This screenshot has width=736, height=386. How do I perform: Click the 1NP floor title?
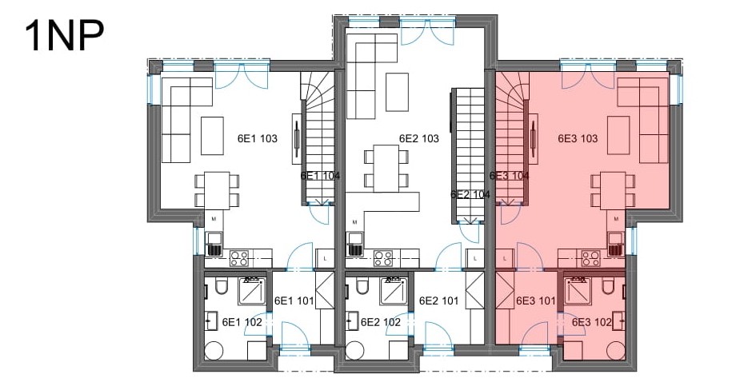(64, 36)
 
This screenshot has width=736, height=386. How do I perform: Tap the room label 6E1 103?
(258, 138)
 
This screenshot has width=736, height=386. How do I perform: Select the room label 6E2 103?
(418, 138)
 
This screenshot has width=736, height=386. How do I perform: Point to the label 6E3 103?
(578, 138)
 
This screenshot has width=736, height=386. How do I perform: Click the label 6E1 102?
(242, 322)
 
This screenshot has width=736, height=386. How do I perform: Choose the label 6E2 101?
(438, 300)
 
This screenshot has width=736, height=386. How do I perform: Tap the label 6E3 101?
(535, 300)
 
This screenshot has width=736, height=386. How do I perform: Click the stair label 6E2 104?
(470, 194)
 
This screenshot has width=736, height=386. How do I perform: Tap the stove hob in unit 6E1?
(239, 258)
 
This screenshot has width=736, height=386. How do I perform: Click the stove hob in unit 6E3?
(591, 258)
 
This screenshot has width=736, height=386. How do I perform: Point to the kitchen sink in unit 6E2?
(354, 244)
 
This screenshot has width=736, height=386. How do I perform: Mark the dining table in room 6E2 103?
(386, 169)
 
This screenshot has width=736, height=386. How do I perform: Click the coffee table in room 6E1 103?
(212, 136)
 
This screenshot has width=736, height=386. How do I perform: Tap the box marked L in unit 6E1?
(326, 258)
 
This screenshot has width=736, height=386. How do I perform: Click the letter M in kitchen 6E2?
(354, 222)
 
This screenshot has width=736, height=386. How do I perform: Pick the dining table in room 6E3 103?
(613, 191)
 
